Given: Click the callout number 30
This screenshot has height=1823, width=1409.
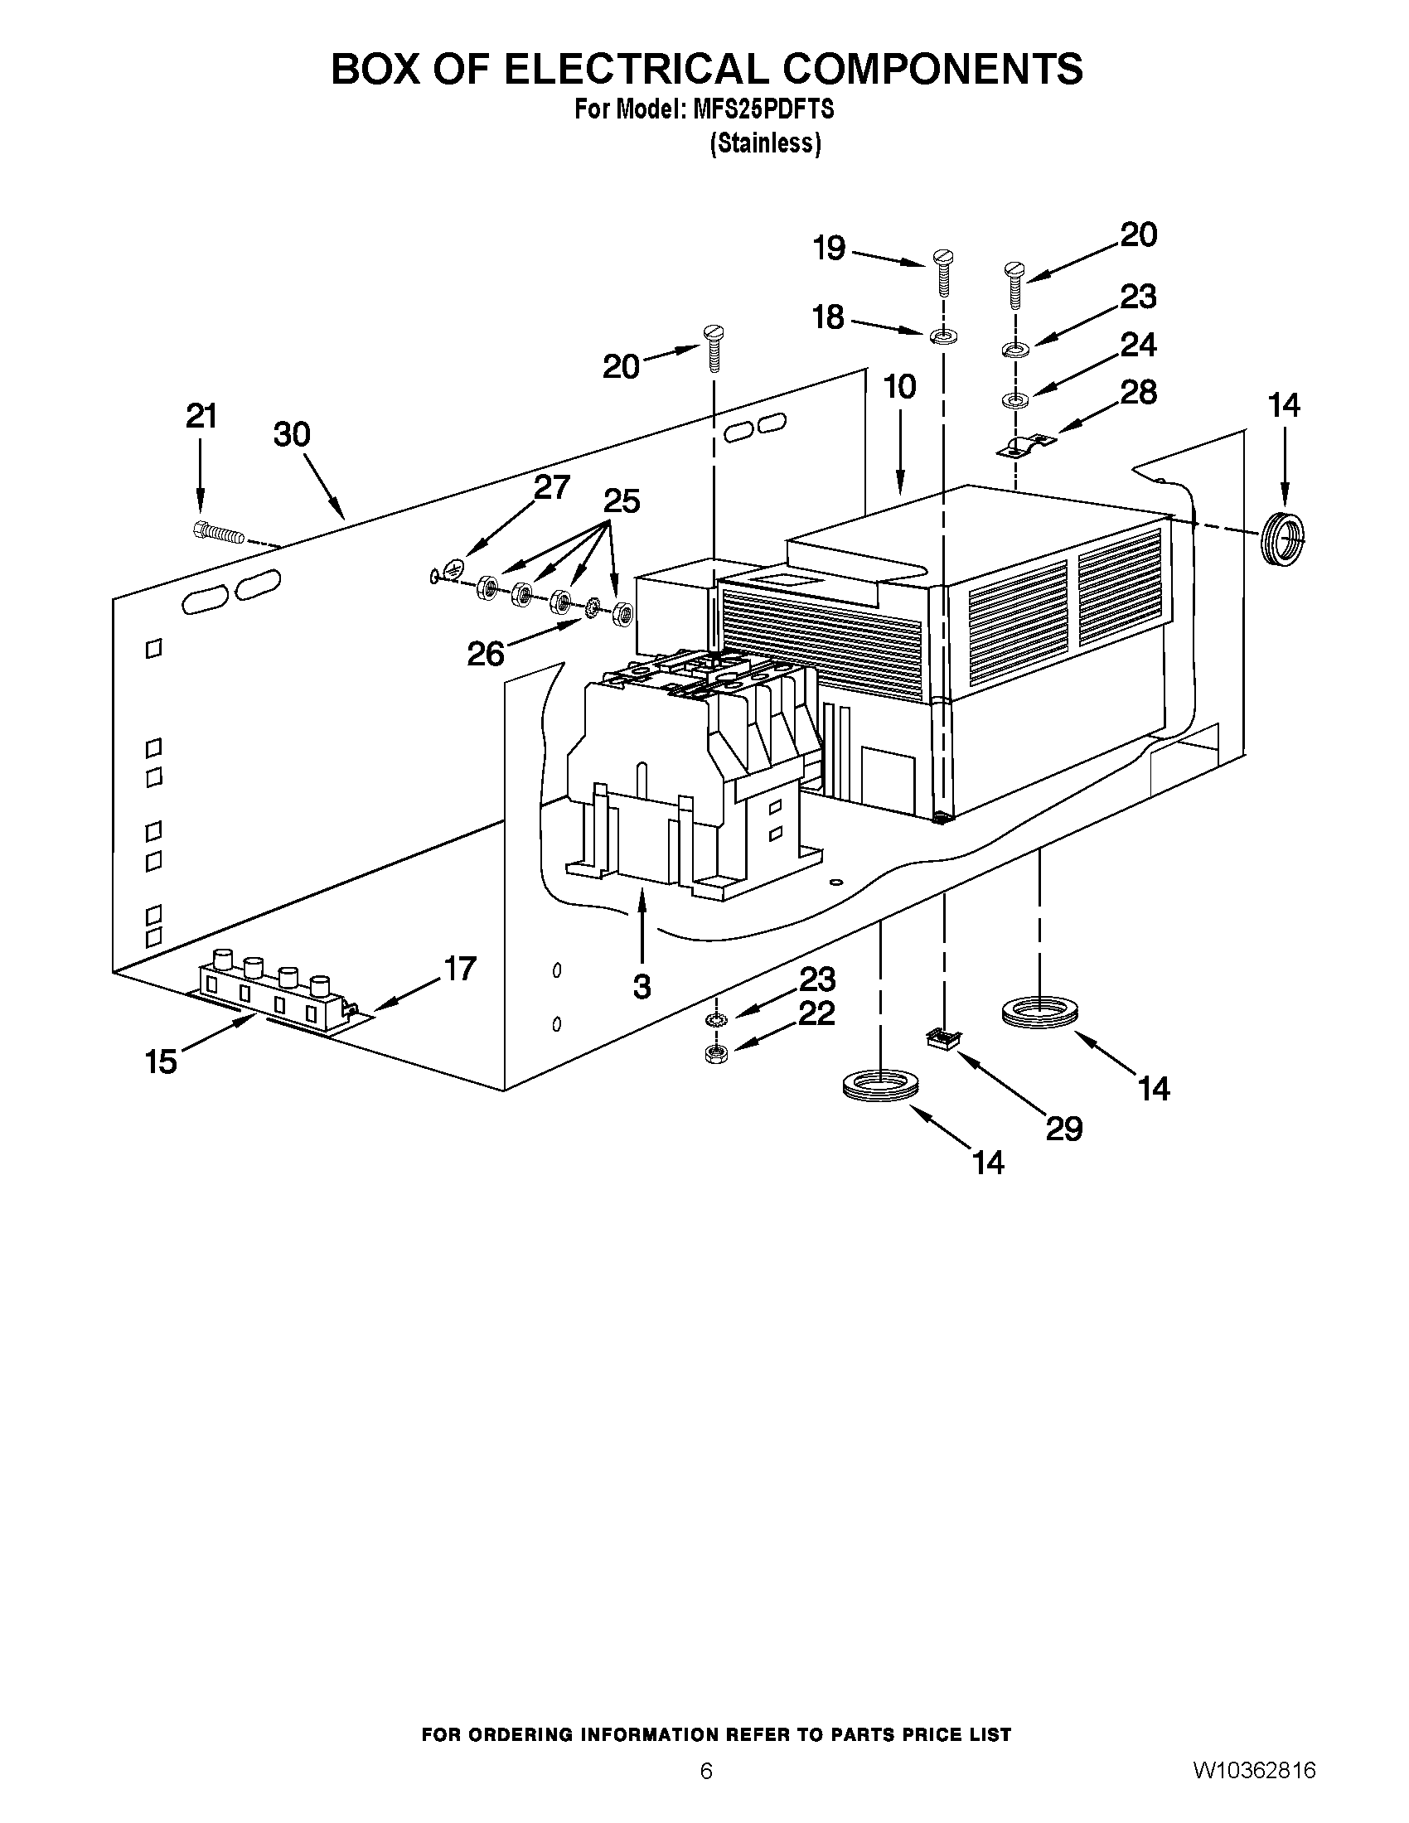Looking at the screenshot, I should pyautogui.click(x=292, y=434).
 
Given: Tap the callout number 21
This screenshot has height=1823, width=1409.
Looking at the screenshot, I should pyautogui.click(x=201, y=416).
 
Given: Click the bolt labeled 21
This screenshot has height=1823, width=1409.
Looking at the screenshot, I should pyautogui.click(x=219, y=532).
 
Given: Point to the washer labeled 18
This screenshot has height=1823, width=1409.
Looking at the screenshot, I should pyautogui.click(x=942, y=336).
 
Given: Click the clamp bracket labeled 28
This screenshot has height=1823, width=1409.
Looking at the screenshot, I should pyautogui.click(x=1025, y=445).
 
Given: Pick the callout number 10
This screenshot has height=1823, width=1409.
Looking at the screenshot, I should pyautogui.click(x=901, y=386).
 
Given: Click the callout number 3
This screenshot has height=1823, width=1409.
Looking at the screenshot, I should pyautogui.click(x=641, y=987).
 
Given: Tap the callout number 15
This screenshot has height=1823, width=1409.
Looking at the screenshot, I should pyautogui.click(x=161, y=1061).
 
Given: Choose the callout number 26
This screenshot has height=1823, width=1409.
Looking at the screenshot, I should pyautogui.click(x=486, y=654).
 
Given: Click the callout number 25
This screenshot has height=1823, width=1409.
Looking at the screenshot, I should pyautogui.click(x=621, y=500).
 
